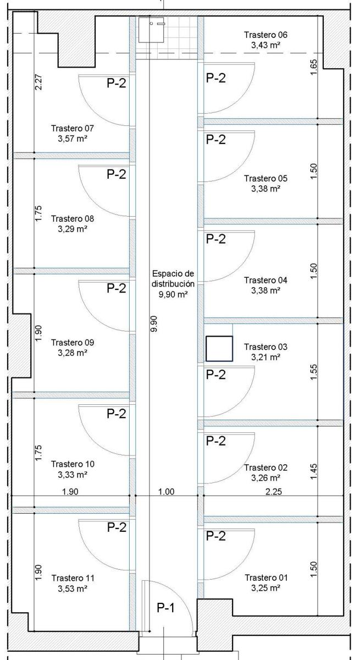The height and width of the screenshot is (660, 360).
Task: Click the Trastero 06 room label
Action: click(x=265, y=35)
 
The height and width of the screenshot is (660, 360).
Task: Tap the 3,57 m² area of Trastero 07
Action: click(x=73, y=139)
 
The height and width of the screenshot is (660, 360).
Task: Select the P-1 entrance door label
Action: click(x=166, y=608)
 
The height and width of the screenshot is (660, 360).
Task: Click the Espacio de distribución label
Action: click(x=173, y=278)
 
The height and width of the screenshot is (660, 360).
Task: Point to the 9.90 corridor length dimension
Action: click(x=154, y=324)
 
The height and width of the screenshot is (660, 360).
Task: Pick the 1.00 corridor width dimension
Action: click(x=167, y=492)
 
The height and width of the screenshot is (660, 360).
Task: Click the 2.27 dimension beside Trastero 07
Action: click(x=38, y=82)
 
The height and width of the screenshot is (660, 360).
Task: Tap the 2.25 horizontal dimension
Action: click(x=274, y=492)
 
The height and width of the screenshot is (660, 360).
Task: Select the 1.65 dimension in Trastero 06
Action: click(x=313, y=67)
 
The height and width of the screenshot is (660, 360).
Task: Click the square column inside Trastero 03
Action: click(x=219, y=349)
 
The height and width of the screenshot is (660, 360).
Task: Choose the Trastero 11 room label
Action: click(x=73, y=578)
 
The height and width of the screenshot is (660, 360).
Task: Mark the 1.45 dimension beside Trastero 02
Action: click(x=313, y=471)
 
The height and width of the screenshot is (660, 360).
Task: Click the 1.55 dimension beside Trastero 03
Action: click(x=313, y=372)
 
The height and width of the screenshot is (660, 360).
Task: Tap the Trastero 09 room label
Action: click(x=73, y=342)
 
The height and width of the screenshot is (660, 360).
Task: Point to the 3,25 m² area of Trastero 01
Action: click(x=265, y=588)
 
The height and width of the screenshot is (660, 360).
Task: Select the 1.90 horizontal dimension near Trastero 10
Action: click(x=70, y=492)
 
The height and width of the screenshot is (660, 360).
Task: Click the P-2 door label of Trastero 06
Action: click(x=216, y=78)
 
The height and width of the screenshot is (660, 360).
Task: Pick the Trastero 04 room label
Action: click(x=265, y=280)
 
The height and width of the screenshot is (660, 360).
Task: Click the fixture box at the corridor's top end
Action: click(x=151, y=30)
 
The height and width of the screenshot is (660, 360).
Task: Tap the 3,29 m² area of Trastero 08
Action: click(x=73, y=229)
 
